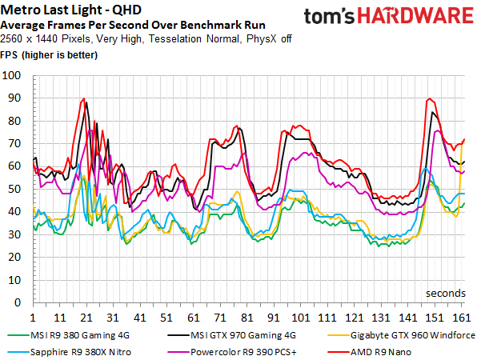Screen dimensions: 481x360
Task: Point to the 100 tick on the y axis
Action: [11, 75]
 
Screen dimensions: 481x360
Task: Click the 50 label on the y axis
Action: [14, 189]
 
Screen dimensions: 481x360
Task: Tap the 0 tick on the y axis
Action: [18, 302]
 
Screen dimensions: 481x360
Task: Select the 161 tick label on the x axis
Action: [462, 318]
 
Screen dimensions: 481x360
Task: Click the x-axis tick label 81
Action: [247, 318]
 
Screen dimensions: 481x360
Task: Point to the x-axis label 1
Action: [33, 318]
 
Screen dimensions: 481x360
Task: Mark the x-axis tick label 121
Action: [355, 318]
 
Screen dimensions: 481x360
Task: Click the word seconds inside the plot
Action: [446, 293]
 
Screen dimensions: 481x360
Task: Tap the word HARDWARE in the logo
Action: [415, 16]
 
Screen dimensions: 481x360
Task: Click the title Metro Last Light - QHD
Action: [71, 10]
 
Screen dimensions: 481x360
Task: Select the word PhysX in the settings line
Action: [262, 39]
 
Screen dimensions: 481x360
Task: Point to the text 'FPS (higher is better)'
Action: [49, 55]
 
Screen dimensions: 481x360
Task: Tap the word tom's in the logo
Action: [329, 16]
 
